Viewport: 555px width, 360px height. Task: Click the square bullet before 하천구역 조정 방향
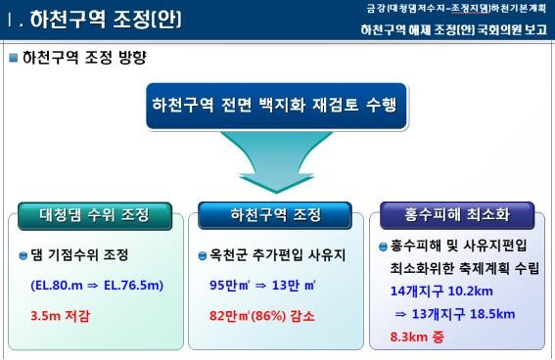[x=14, y=58]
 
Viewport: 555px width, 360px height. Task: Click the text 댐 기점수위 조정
[x=86, y=256]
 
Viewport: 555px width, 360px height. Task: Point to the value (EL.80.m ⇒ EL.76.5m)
[x=96, y=286]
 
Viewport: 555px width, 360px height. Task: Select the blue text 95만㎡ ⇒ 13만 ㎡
[x=261, y=286]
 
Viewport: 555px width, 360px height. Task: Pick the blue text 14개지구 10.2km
[x=445, y=291]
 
